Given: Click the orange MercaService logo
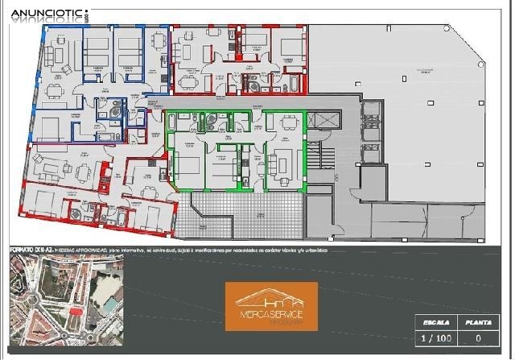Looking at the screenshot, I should point(270,306).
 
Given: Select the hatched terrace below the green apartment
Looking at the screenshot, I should point(241,217).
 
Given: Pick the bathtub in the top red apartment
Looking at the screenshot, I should point(292,84).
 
